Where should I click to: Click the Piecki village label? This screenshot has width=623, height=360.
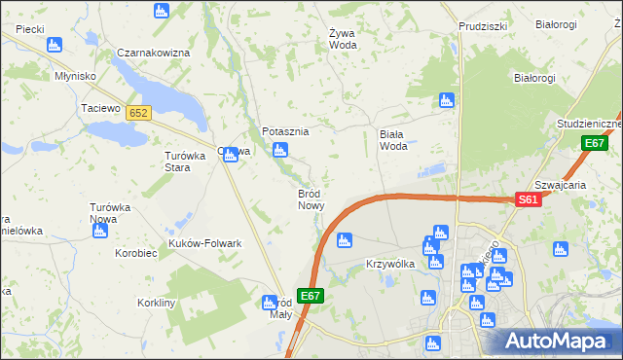(x=30, y=30)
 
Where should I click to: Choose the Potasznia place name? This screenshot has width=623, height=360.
(x=285, y=131)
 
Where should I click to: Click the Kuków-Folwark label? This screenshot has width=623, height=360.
(x=205, y=242)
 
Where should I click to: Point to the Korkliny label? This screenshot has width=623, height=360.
(x=155, y=304)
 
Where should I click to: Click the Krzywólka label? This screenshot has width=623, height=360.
(x=390, y=264)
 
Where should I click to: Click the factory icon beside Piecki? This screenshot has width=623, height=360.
(x=54, y=45)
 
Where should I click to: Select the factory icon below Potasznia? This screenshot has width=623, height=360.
(x=280, y=150)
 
